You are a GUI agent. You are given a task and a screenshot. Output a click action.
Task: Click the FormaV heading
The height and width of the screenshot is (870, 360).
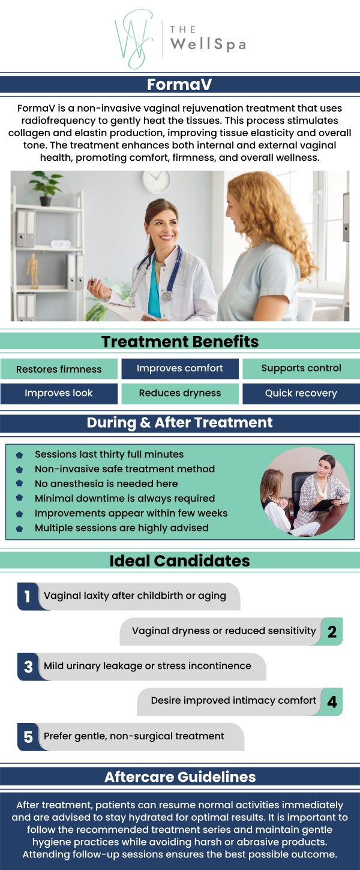180,85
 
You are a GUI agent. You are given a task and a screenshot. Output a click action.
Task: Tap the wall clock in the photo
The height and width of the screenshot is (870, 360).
156,181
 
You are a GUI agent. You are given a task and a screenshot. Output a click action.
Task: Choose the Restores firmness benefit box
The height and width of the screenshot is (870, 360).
59,369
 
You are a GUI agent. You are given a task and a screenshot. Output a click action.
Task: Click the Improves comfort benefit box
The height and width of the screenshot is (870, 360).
180,368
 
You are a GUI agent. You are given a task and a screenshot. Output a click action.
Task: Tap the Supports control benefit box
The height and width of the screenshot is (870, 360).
301,368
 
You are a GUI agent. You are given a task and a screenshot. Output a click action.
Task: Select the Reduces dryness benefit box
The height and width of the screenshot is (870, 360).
180,394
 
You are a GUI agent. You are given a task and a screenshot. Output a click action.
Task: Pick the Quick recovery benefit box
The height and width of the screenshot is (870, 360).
301,394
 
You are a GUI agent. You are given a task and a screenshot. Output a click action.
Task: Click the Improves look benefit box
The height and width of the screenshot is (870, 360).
59,394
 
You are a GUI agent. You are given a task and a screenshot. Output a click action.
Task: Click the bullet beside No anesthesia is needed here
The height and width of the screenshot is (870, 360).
20,484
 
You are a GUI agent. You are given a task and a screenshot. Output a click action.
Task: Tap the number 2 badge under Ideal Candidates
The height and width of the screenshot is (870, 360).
332,631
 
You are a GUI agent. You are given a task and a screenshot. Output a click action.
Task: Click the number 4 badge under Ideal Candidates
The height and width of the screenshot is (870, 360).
332,701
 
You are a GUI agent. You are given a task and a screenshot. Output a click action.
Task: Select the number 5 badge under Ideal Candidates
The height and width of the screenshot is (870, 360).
28,736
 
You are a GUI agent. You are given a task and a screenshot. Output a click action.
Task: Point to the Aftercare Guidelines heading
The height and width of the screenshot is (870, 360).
180,777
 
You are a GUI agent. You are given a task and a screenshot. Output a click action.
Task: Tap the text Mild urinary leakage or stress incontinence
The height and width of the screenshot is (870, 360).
148,666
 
